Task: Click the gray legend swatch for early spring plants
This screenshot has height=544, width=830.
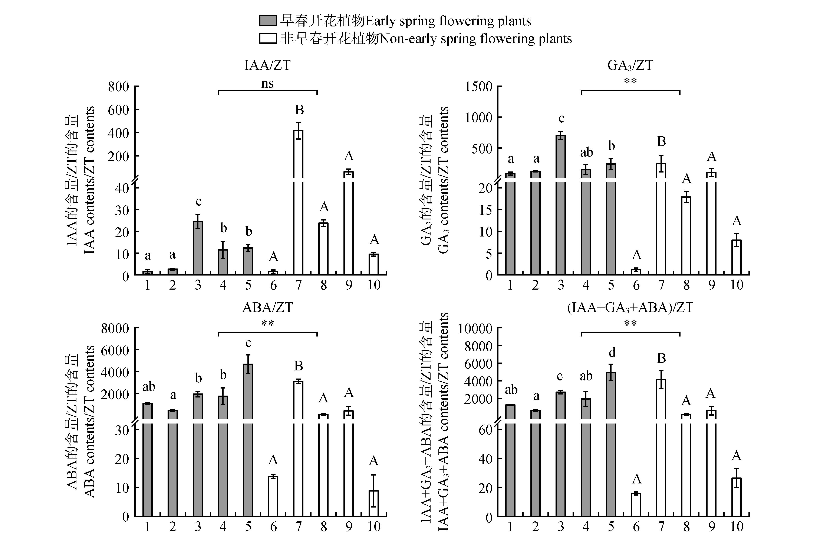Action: click(268, 21)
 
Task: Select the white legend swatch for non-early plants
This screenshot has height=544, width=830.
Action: click(268, 38)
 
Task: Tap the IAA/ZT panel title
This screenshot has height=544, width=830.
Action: click(267, 65)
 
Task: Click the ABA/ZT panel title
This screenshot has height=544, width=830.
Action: click(267, 307)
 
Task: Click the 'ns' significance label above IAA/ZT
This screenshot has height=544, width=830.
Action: click(267, 83)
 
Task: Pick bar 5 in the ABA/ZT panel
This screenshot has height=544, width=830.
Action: click(248, 440)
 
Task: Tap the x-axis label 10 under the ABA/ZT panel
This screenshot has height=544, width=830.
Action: click(373, 527)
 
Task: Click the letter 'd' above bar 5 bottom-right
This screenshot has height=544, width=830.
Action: click(612, 353)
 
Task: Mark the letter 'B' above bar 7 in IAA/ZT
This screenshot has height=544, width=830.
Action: click(299, 110)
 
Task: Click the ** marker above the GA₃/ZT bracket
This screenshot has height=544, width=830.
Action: click(630, 81)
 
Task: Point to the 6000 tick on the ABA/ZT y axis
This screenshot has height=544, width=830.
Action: click(115, 350)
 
